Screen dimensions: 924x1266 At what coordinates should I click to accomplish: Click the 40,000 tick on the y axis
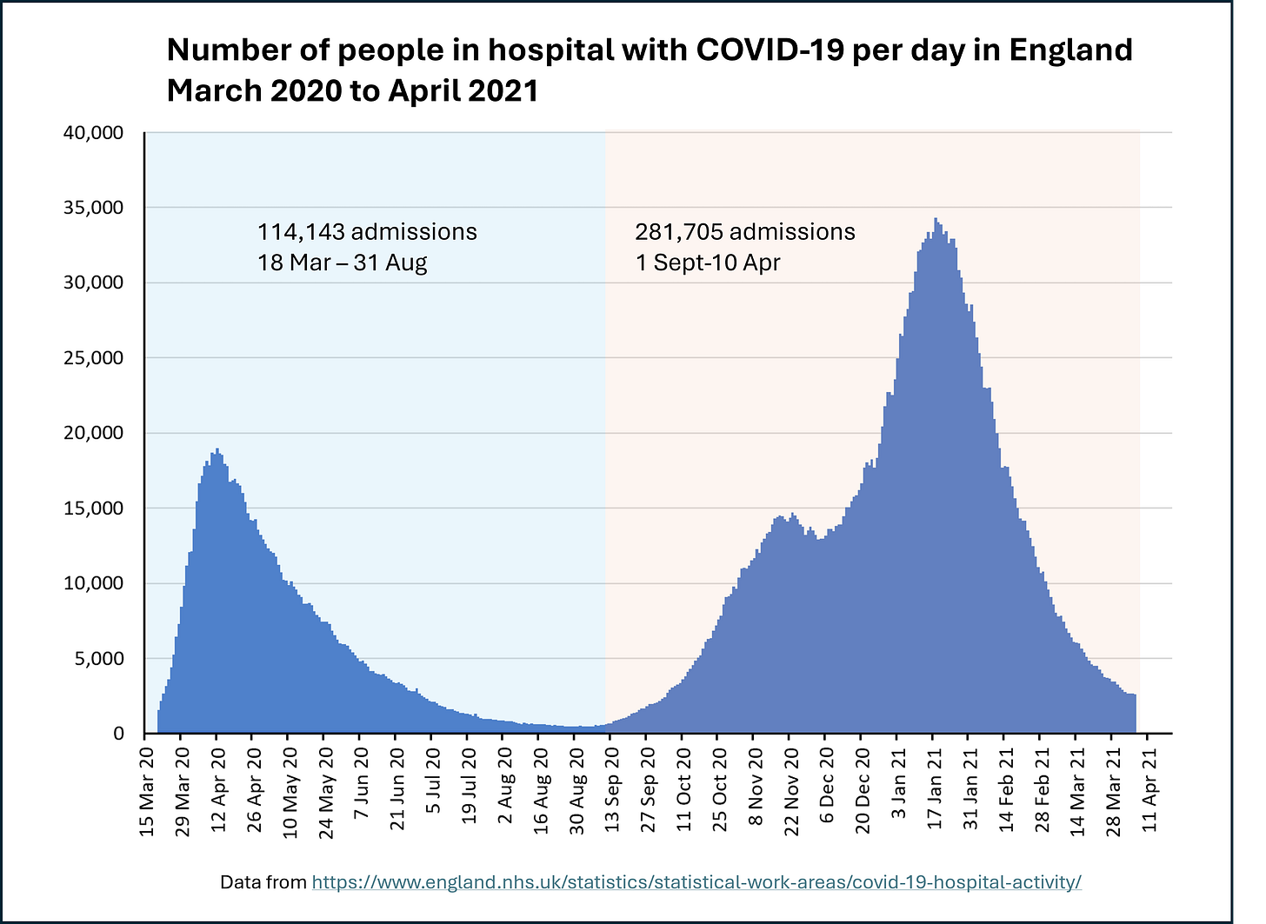point(94,133)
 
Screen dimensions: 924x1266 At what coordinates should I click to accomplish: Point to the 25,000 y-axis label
point(94,358)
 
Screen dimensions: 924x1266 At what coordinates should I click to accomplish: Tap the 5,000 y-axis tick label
point(99,659)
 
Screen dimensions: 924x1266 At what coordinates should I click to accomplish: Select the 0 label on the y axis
point(118,734)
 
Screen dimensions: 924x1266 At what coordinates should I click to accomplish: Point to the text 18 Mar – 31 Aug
point(342,263)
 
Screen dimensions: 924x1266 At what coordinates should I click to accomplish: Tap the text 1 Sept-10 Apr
point(708,263)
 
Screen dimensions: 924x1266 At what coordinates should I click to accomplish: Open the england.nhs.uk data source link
point(696,882)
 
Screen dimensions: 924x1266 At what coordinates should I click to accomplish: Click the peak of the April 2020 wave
point(217,450)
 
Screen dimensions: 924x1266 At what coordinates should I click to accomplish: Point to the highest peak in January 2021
point(935,219)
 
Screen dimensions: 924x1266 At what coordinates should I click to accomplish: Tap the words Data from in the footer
point(263,882)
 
